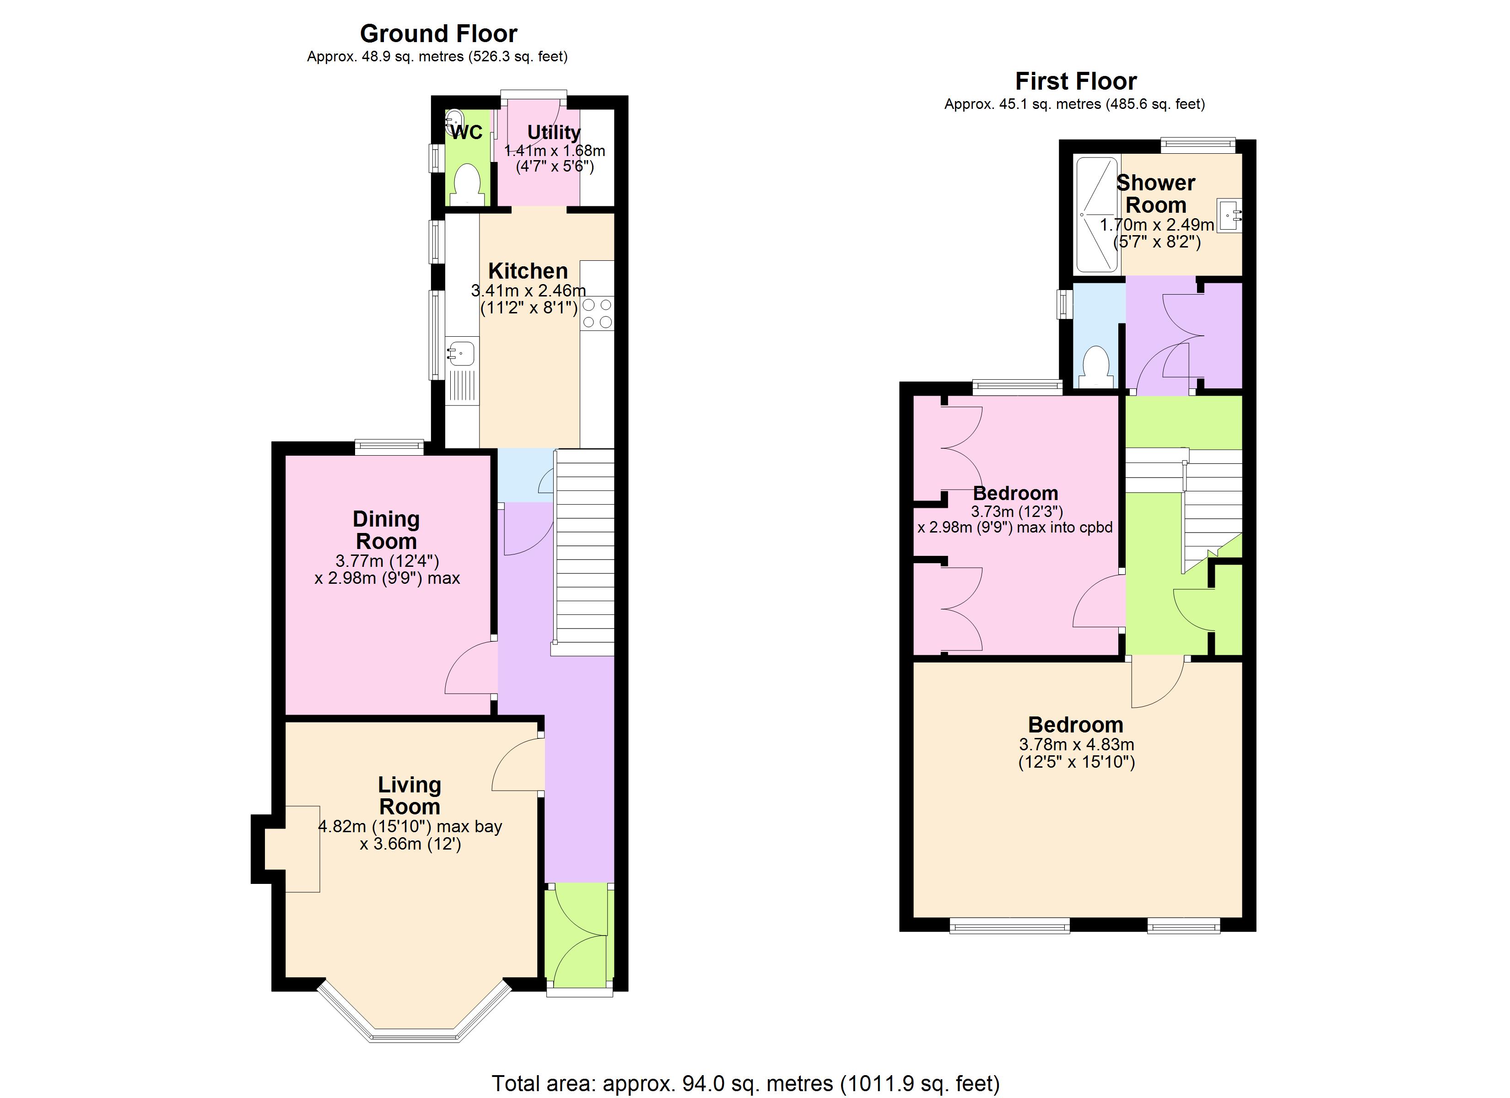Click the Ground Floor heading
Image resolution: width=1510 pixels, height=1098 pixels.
(x=438, y=33)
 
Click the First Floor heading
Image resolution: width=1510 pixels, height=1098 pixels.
(x=1075, y=81)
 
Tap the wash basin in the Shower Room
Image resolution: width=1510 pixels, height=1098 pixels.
(x=1229, y=215)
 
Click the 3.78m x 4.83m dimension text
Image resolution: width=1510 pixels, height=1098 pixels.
(x=1076, y=744)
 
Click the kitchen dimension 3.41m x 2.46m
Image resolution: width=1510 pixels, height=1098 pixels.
(x=528, y=291)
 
